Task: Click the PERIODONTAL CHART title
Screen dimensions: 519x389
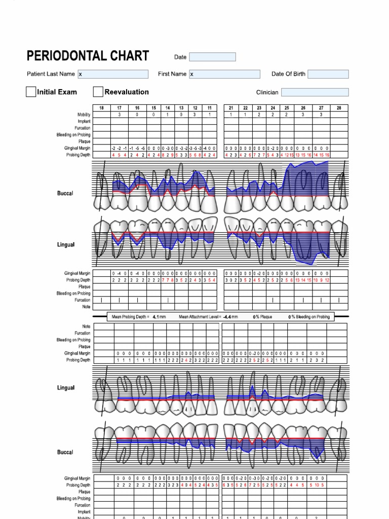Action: [x=88, y=56]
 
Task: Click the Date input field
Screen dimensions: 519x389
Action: [x=212, y=57]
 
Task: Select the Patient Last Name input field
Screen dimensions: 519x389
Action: [x=113, y=74]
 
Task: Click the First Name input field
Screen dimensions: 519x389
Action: [x=224, y=74]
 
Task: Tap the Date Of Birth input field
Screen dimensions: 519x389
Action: [x=328, y=74]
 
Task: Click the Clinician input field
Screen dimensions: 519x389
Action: [x=315, y=92]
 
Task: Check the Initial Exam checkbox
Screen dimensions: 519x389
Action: [x=31, y=92]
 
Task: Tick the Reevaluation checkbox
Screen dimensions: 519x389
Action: [x=98, y=92]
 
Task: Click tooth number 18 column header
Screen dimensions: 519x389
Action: [x=102, y=108]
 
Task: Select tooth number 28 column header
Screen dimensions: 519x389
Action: [x=339, y=108]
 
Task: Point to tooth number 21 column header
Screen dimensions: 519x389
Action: [x=231, y=108]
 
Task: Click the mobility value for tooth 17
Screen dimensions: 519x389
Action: [x=120, y=115]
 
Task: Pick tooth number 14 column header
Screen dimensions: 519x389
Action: [x=167, y=108]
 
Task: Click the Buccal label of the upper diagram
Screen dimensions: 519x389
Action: [x=65, y=193]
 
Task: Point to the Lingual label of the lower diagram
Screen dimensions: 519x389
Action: [x=66, y=388]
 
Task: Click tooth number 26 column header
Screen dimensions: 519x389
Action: [x=303, y=108]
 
